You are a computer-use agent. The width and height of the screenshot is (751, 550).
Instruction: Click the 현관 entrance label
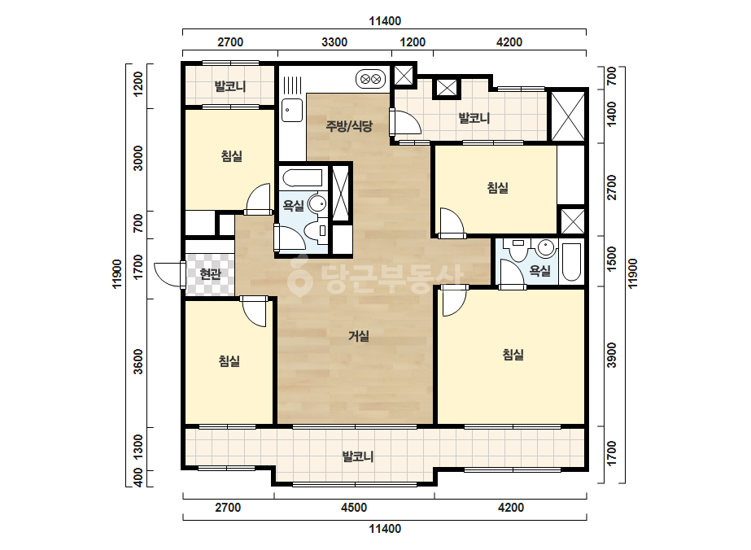(x=210, y=274)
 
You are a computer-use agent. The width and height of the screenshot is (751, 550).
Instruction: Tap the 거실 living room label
(x=359, y=336)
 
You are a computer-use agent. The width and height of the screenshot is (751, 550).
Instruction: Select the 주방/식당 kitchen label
(x=349, y=126)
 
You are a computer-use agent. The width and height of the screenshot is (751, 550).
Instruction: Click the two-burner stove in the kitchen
(x=371, y=79)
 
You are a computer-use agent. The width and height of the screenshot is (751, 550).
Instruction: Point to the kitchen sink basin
(x=291, y=110)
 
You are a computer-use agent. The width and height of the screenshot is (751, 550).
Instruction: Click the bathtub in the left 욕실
(x=303, y=177)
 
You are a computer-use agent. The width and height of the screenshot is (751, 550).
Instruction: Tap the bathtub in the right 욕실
(x=571, y=262)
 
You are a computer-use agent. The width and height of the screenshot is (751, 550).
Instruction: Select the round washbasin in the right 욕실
(x=545, y=247)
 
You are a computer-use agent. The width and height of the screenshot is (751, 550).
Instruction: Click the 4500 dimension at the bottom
(x=353, y=508)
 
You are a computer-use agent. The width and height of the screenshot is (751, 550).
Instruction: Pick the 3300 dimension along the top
(x=334, y=42)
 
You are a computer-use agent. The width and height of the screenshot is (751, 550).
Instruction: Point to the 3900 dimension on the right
(x=612, y=355)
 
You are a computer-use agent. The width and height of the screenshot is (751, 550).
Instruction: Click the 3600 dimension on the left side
(x=138, y=362)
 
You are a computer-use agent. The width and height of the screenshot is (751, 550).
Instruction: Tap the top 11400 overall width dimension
(x=385, y=21)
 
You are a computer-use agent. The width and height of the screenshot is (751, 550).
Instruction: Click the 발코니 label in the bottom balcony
(x=358, y=456)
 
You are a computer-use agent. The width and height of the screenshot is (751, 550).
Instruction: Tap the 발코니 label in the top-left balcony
(x=230, y=87)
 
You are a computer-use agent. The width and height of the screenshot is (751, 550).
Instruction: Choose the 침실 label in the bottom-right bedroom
(x=513, y=355)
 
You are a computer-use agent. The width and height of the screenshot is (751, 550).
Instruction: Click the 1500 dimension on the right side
(x=612, y=260)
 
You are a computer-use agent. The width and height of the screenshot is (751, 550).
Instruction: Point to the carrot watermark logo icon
(x=299, y=276)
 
